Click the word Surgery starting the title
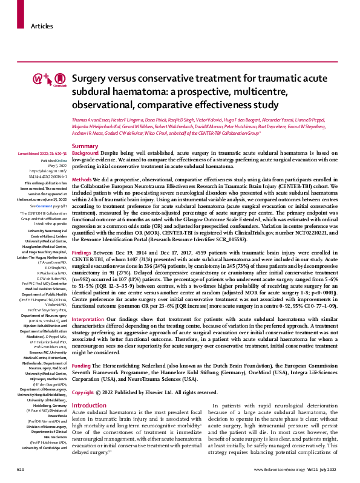88,79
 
